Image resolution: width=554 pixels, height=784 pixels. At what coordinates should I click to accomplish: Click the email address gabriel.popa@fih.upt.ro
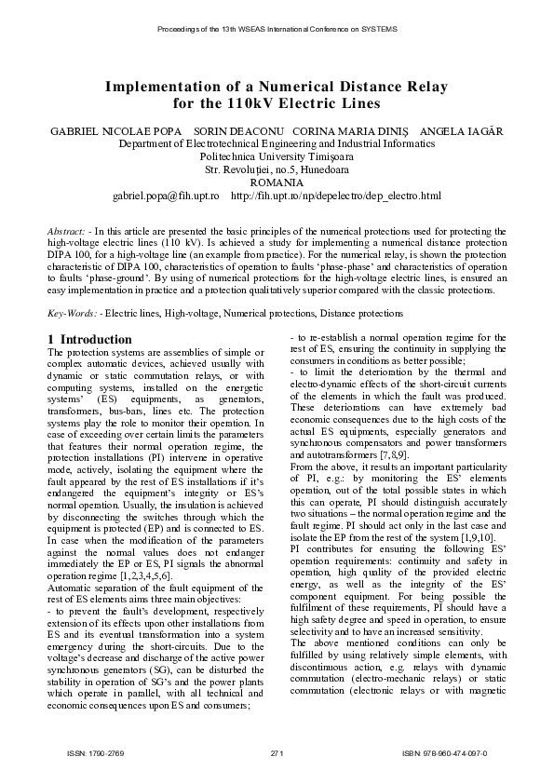click(165, 196)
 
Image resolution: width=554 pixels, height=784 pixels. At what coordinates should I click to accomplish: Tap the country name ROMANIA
click(277, 183)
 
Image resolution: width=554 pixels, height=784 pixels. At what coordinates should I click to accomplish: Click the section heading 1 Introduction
click(89, 340)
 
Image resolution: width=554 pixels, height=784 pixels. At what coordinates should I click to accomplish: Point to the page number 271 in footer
click(277, 752)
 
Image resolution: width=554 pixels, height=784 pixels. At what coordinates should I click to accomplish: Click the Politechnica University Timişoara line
click(277, 157)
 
